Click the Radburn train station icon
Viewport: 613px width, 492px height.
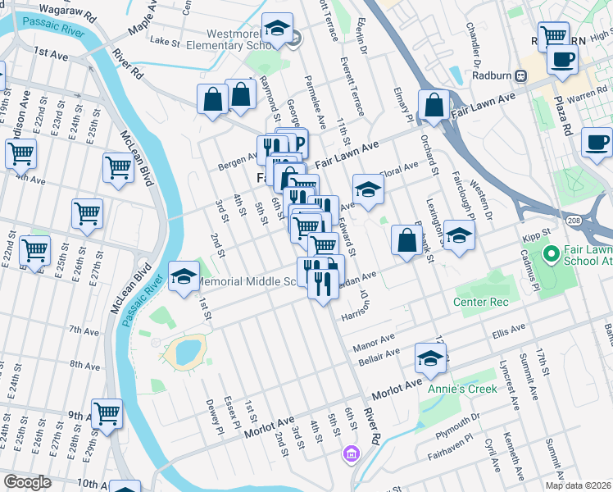point(520,75)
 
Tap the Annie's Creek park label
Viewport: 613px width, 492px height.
point(458,388)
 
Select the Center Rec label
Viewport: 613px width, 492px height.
point(481,303)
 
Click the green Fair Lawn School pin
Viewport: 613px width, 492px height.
point(551,253)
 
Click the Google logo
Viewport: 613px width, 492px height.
point(27,481)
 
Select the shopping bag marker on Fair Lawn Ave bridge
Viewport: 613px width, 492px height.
point(434,106)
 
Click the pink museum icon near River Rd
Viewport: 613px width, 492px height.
point(351,453)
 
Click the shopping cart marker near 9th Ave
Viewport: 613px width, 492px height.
point(107,414)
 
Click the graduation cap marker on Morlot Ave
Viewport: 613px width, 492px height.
point(430,358)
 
